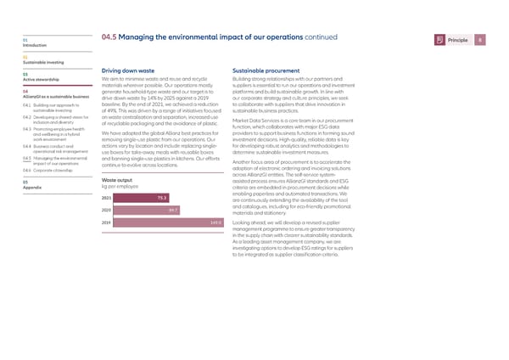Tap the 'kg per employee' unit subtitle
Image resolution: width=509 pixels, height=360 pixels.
click(120, 161)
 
